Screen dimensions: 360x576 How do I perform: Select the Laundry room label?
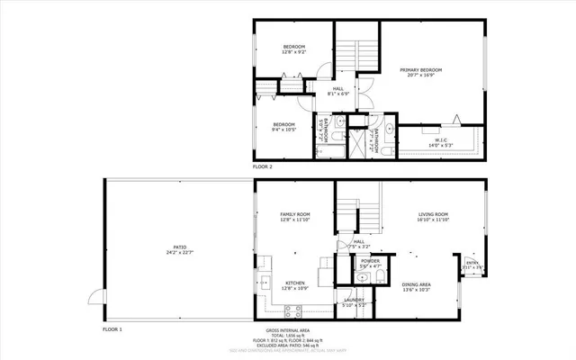(352, 301)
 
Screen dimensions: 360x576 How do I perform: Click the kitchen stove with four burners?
(292, 311)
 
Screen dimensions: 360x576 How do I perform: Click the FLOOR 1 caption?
(112, 329)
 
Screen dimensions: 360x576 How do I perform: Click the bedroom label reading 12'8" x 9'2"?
(294, 49)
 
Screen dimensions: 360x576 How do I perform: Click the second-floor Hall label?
(338, 91)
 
